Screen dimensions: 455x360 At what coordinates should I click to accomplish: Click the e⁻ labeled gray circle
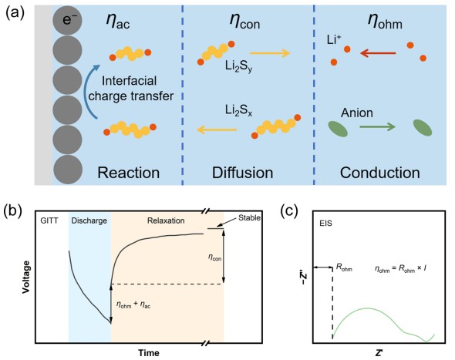point(67,20)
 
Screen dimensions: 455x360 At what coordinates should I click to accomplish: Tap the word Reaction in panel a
point(129,173)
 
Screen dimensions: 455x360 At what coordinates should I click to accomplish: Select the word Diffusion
point(243,173)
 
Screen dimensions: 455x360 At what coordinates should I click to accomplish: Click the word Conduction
point(380,173)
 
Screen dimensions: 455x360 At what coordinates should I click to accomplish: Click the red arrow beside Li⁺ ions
point(378,53)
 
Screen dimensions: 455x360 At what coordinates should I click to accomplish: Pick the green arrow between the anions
point(378,126)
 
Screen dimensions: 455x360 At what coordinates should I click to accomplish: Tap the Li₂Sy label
point(239,67)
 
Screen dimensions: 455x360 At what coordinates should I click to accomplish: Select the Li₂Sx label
point(239,110)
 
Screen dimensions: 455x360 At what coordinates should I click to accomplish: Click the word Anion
point(357,113)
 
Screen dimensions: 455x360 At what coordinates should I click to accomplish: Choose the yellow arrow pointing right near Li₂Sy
point(270,53)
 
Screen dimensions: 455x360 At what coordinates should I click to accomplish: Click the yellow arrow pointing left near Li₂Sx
point(217,130)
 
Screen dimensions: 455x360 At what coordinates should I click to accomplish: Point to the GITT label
point(49,221)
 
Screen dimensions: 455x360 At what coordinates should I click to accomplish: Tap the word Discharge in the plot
point(89,220)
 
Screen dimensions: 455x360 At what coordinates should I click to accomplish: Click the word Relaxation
point(166,220)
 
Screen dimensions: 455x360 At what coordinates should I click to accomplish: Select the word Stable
point(249,218)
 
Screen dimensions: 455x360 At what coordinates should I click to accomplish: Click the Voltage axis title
point(26,277)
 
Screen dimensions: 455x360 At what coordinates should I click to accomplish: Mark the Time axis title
point(149,353)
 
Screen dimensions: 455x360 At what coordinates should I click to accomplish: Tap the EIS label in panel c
point(325,224)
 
